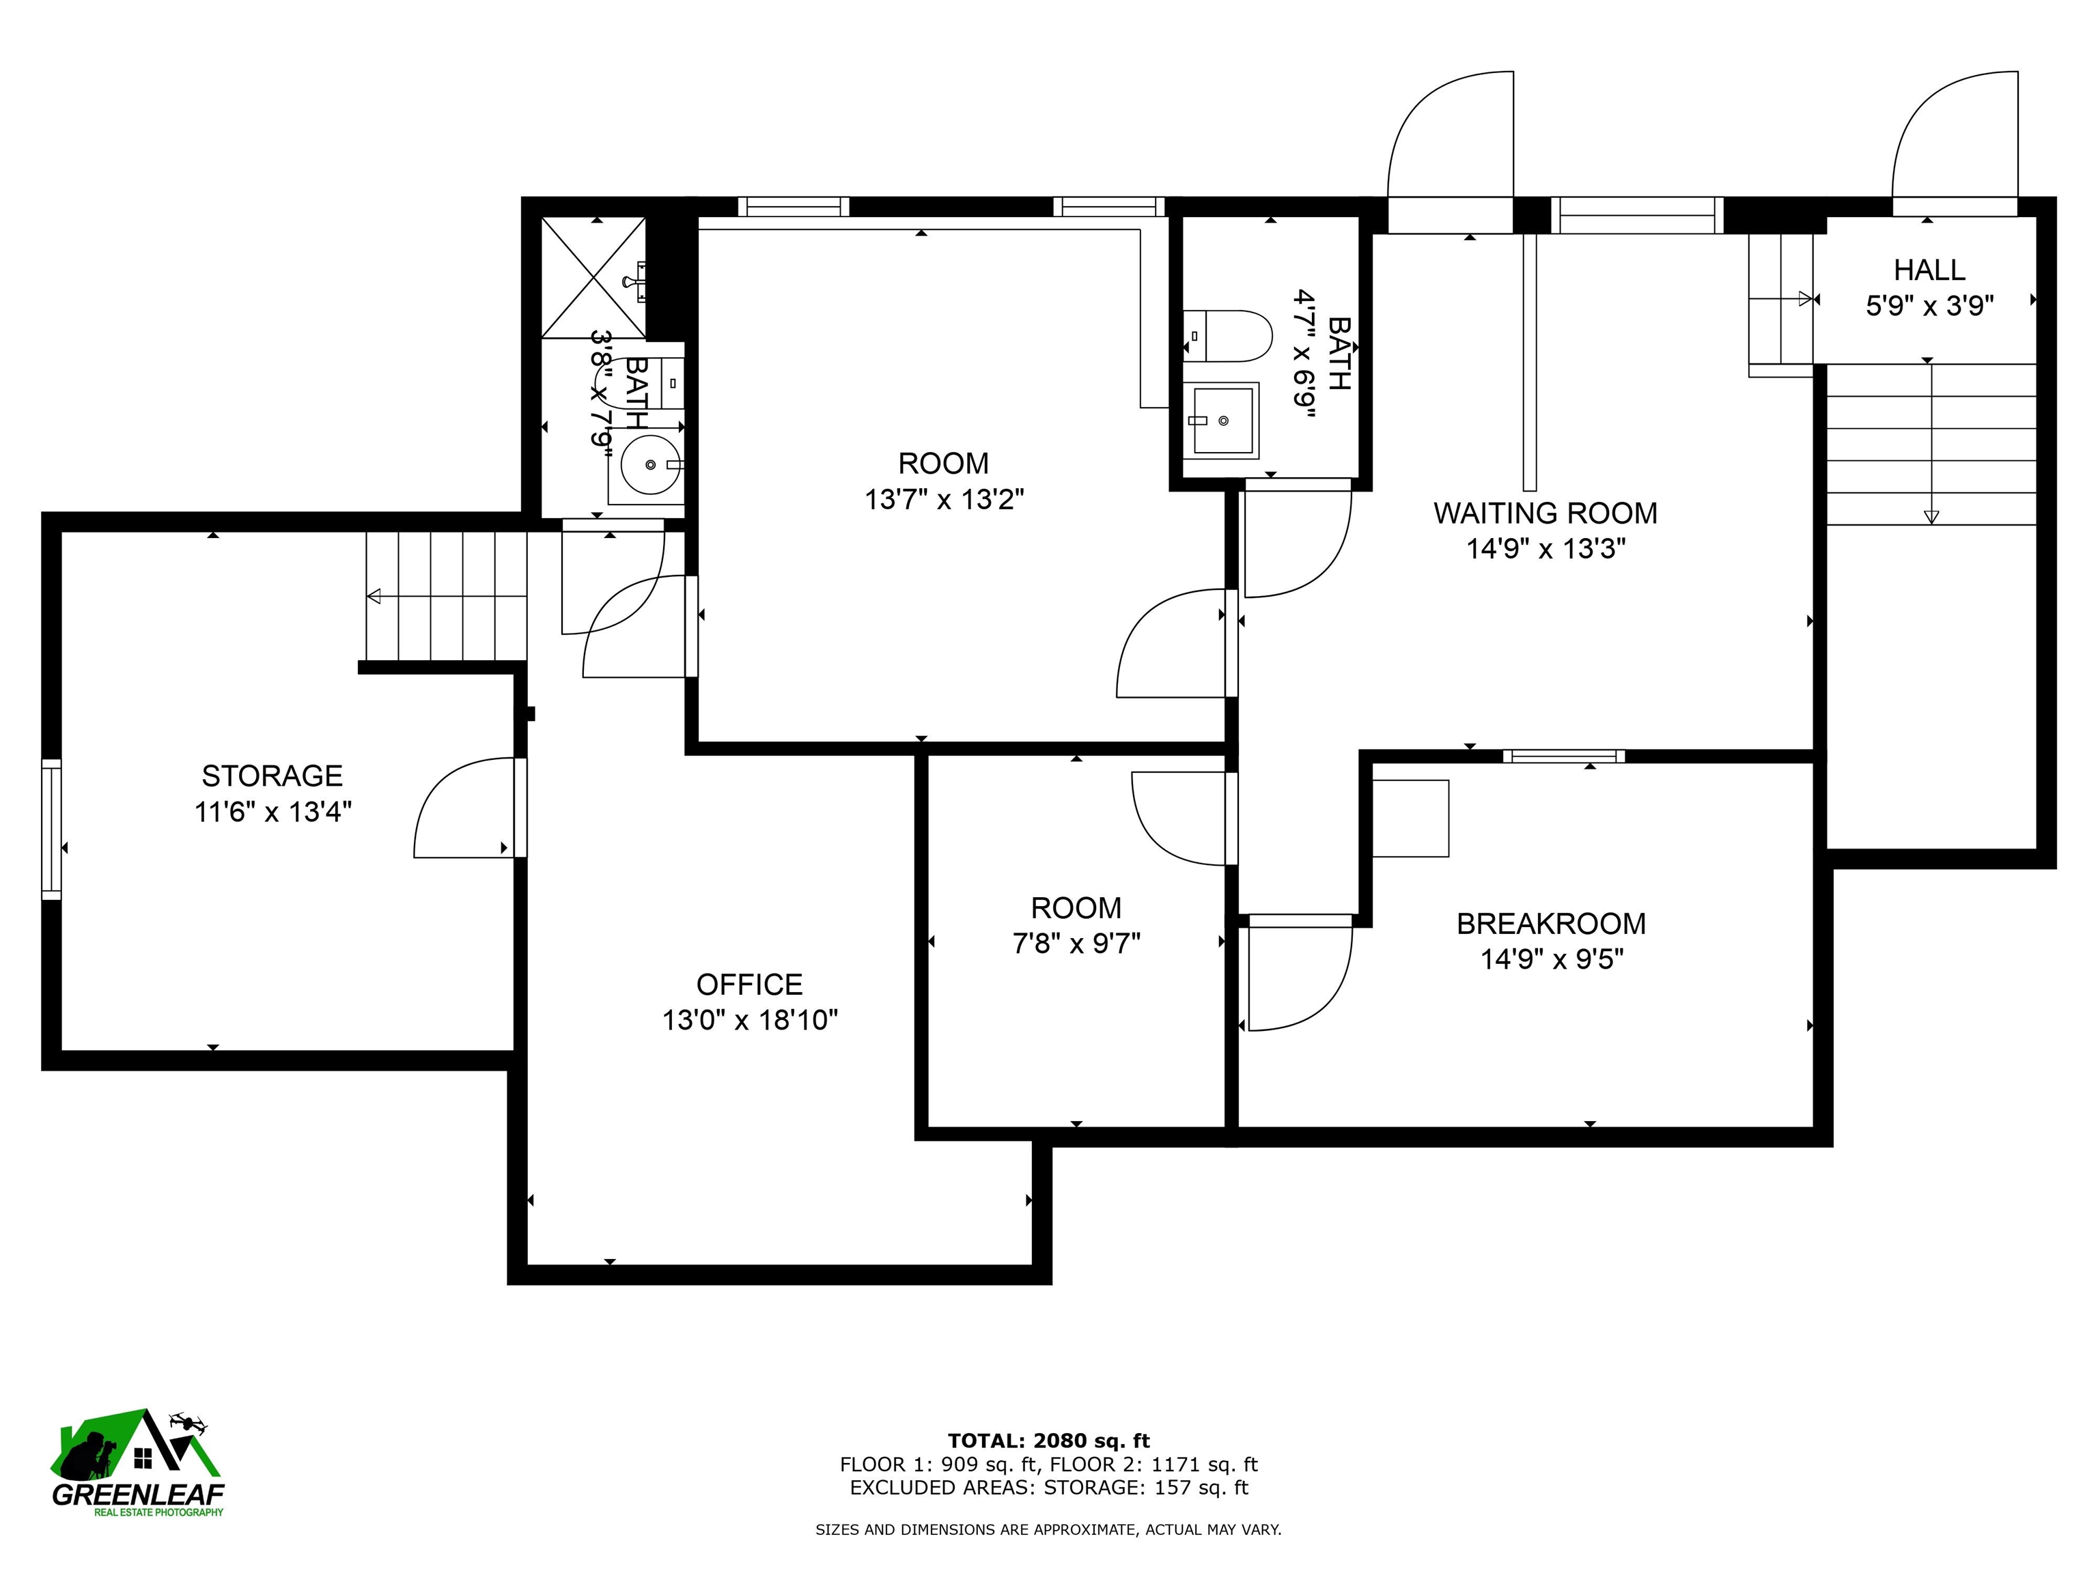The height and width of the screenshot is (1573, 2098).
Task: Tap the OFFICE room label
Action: coord(749,984)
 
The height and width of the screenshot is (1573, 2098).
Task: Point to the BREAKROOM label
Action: coord(1551,924)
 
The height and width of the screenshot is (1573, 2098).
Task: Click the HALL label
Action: coord(1929,270)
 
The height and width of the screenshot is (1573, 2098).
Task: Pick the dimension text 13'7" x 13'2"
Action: coord(944,500)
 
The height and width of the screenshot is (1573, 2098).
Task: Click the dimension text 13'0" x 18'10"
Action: coord(749,1020)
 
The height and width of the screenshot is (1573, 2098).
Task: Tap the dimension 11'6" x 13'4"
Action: coord(272,812)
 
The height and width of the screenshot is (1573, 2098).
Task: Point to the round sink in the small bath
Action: coord(651,465)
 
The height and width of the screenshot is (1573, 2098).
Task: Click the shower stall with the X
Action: coord(593,277)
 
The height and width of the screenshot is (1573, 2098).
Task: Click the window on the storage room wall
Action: coord(51,829)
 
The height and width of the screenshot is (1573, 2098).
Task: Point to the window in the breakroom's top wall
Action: coord(1563,756)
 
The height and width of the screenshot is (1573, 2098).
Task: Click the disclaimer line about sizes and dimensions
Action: coord(1048,1529)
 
